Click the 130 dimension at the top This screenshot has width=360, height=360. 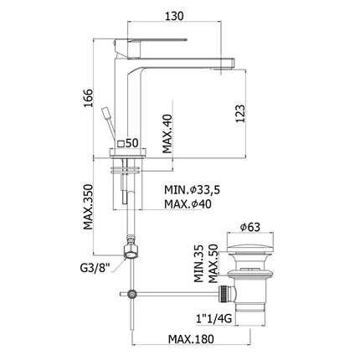coord(173,18)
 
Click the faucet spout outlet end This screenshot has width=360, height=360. coord(221,62)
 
